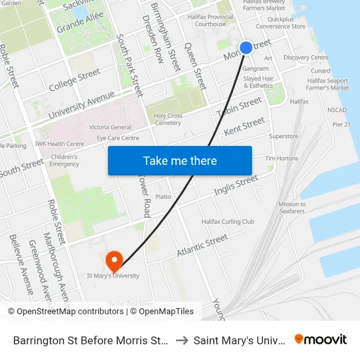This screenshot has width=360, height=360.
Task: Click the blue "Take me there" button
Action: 180,160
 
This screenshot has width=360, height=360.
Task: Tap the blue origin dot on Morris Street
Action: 246,47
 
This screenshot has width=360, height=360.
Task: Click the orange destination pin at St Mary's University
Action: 115,261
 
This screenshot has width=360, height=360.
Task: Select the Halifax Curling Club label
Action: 228,222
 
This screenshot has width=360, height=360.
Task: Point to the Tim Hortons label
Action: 281,158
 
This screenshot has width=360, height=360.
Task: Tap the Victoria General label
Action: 110,127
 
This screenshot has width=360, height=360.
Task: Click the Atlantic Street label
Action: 202,246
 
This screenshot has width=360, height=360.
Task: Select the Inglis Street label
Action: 236,185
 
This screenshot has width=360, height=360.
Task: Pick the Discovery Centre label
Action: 306,58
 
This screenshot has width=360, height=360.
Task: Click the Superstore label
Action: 283,137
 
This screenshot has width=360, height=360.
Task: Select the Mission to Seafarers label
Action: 292,207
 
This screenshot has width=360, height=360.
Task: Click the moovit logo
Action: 321,340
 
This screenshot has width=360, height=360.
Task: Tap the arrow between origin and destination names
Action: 181,340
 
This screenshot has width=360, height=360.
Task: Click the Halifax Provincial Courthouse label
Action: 210,20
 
